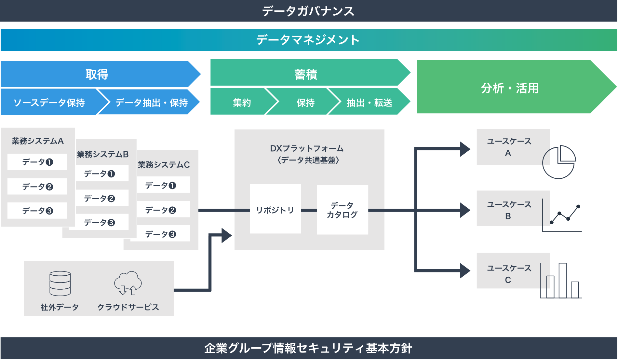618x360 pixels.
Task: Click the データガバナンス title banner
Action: pyautogui.click(x=308, y=11)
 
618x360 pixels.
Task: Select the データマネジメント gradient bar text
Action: pyautogui.click(x=308, y=40)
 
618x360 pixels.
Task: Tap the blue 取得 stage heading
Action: pyautogui.click(x=97, y=74)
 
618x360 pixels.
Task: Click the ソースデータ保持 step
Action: pyautogui.click(x=49, y=103)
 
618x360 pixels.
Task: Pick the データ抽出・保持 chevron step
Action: pyautogui.click(x=151, y=103)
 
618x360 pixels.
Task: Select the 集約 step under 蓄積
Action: pyautogui.click(x=242, y=103)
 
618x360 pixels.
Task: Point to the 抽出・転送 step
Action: pyautogui.click(x=369, y=103)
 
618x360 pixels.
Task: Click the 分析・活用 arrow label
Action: pyautogui.click(x=510, y=88)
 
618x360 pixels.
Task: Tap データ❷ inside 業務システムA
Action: pyautogui.click(x=37, y=187)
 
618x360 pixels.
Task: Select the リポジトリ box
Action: pyautogui.click(x=275, y=209)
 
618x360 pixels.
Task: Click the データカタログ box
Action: pyautogui.click(x=343, y=210)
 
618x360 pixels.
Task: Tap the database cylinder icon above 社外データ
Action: pyautogui.click(x=60, y=283)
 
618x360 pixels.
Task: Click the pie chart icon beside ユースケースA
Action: pyautogui.click(x=559, y=162)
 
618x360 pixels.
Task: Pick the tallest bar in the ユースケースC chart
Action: pyautogui.click(x=563, y=280)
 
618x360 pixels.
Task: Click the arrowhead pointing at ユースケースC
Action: pyautogui.click(x=465, y=270)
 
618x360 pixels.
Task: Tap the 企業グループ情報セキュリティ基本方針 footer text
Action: pyautogui.click(x=308, y=348)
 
